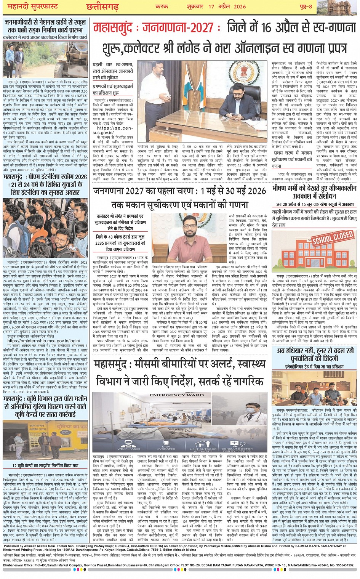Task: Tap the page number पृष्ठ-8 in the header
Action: pos(305,6)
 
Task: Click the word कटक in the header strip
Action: pos(162,6)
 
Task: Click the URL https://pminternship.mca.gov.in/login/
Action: pos(43,341)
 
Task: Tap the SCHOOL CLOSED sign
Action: pos(333,237)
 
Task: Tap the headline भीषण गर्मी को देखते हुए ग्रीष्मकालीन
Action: pos(315,188)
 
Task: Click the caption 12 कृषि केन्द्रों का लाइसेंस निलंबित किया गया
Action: pos(45,465)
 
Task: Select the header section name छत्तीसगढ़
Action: pos(102,6)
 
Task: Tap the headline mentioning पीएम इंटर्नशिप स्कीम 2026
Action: pos(45,184)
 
